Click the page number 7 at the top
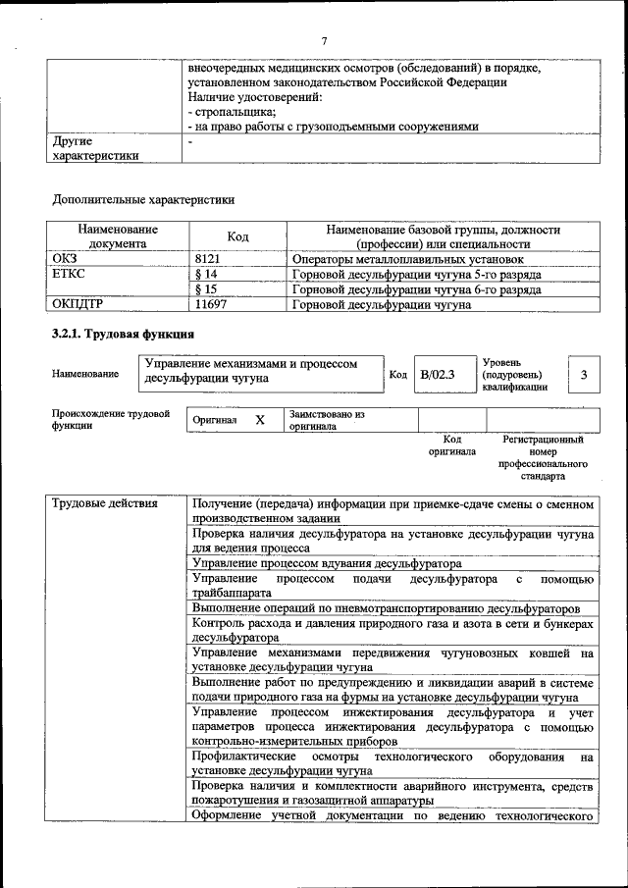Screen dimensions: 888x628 pos(323,40)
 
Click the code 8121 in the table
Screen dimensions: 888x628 pos(211,259)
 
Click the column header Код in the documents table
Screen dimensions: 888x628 pos(237,236)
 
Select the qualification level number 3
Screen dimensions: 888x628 pos(584,374)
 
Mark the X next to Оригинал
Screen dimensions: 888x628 pos(260,420)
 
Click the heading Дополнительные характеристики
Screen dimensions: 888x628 pos(142,200)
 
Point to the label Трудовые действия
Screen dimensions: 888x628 pos(104,504)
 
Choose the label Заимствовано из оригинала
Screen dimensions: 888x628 pos(327,420)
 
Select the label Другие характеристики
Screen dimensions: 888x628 pos(95,148)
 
